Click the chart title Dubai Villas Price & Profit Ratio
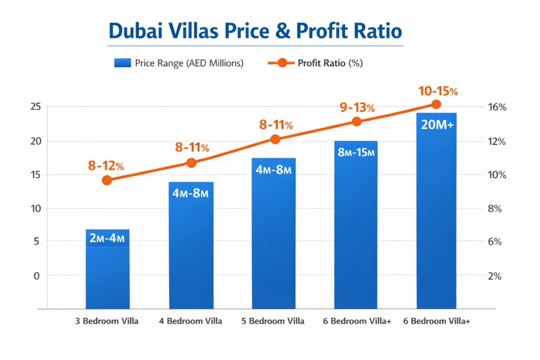(255, 31)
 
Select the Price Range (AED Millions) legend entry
(179, 63)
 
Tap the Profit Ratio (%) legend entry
(316, 63)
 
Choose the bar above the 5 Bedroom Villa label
(274, 237)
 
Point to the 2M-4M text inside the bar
(108, 238)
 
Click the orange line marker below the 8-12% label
(107, 180)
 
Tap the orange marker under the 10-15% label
(436, 104)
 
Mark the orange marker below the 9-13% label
(356, 122)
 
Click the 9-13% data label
(357, 108)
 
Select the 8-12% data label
(106, 166)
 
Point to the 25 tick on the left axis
(35, 107)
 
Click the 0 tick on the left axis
(37, 276)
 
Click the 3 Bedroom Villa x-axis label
(108, 321)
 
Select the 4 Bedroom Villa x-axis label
(191, 321)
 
